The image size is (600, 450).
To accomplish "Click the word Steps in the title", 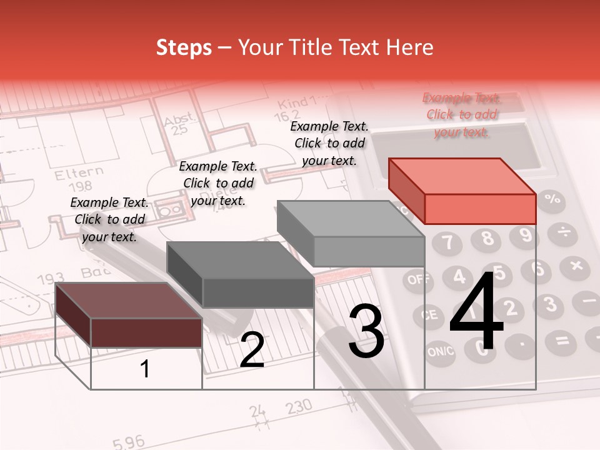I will (x=184, y=47).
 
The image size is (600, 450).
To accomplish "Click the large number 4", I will (x=476, y=314).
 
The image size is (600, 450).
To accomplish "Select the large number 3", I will (x=366, y=331).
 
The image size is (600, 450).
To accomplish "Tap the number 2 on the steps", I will (x=252, y=351).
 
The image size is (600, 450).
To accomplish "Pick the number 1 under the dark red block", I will (x=145, y=369).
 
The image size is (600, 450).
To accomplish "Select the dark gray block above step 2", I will (x=241, y=275).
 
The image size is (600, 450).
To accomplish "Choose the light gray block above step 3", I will (x=352, y=234).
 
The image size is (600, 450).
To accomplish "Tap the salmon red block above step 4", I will (x=463, y=191).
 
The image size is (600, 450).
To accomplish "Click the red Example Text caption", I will (x=462, y=115).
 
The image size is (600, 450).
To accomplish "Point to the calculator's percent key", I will (x=552, y=200).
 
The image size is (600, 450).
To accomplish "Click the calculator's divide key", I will (x=564, y=233).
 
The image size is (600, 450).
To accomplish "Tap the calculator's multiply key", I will (x=574, y=268).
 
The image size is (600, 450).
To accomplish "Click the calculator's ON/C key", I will (x=441, y=352).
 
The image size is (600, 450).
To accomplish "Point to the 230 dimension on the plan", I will (x=299, y=407).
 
